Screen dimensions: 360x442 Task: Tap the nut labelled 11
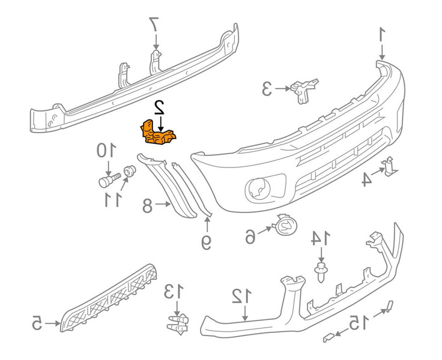tap(129, 173)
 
